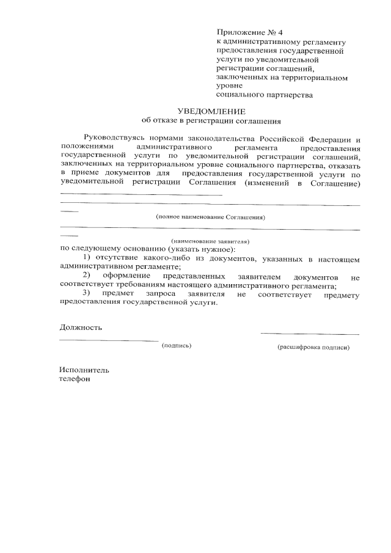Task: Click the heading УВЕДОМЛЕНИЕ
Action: click(x=211, y=111)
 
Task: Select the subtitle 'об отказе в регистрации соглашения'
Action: click(x=211, y=121)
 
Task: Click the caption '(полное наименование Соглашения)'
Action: click(x=211, y=217)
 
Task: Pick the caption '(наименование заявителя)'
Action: click(x=210, y=241)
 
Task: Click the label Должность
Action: click(x=81, y=327)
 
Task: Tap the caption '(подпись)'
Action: click(x=177, y=346)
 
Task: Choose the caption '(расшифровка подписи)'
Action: click(x=313, y=346)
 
